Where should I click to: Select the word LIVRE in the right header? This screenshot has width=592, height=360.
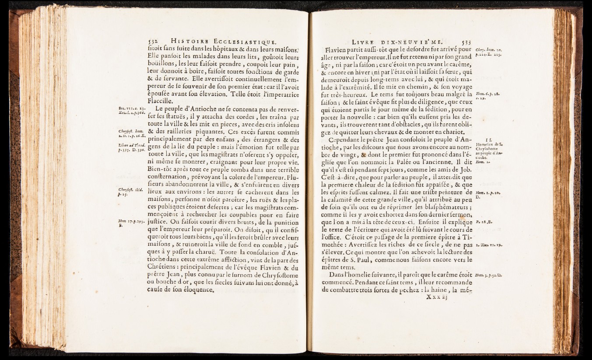click(x=366, y=42)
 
